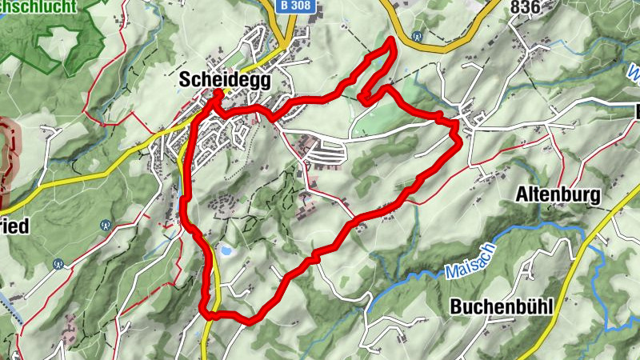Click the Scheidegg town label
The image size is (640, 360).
point(226,82)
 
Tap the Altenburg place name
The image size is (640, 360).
point(558,194)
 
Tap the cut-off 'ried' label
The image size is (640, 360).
point(14,226)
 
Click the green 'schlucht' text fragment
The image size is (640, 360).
point(40,6)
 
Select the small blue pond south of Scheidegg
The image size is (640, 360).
point(228,251)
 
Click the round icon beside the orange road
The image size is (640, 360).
point(416,35)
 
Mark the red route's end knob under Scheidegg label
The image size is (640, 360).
point(217,95)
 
